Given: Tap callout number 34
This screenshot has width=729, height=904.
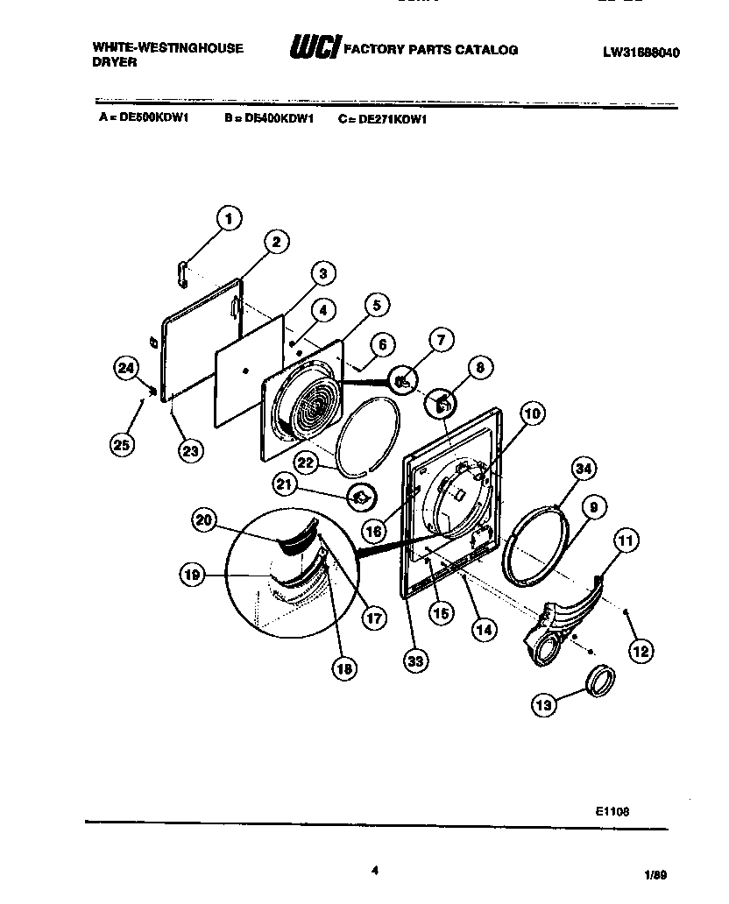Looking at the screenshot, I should pyautogui.click(x=583, y=470).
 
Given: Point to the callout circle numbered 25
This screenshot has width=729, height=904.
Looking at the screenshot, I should pyautogui.click(x=123, y=444).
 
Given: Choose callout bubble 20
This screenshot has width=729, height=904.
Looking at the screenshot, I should pyautogui.click(x=204, y=521).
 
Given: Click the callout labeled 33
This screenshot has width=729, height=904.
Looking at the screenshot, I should pyautogui.click(x=415, y=661).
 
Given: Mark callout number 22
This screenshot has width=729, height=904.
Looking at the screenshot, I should pyautogui.click(x=305, y=462).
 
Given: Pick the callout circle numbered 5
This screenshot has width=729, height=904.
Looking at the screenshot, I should pyautogui.click(x=375, y=305).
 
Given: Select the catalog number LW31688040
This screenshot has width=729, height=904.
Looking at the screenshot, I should pyautogui.click(x=641, y=52).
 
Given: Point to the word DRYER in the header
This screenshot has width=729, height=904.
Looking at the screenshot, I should pyautogui.click(x=114, y=63).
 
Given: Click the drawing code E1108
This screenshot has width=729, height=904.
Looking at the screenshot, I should pyautogui.click(x=611, y=811).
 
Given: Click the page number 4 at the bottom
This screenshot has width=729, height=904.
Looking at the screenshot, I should pyautogui.click(x=374, y=870).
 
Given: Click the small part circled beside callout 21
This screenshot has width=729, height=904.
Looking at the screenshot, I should pyautogui.click(x=361, y=497).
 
